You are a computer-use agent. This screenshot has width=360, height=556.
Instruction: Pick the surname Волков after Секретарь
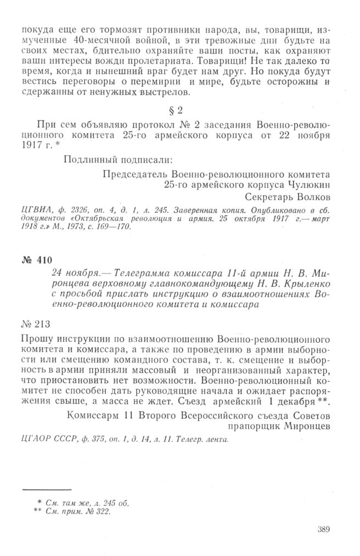pyautogui.click(x=314, y=197)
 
